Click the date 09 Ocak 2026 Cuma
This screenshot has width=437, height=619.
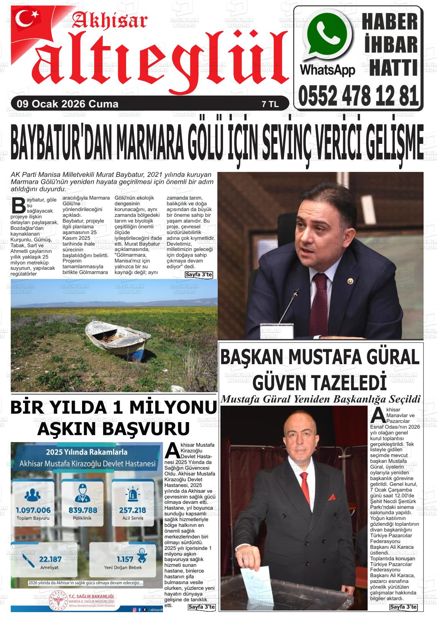65,104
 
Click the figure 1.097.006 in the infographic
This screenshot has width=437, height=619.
33,510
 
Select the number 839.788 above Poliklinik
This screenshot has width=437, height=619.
82,510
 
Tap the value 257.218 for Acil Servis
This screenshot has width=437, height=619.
132,510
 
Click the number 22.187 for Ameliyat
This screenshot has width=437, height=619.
50,559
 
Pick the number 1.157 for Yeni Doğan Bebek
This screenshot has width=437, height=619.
125,559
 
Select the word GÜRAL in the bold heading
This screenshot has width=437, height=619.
391,357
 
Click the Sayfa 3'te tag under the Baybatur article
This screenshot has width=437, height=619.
199,274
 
